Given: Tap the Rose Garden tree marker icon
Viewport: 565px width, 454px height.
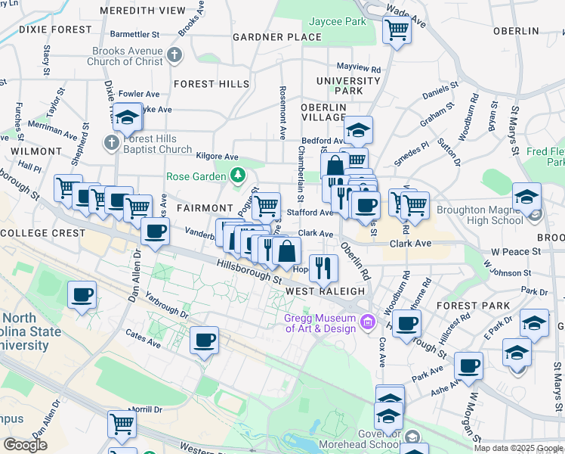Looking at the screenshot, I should tap(237, 176).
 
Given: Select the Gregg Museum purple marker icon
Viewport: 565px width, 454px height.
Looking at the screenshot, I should tap(368, 322).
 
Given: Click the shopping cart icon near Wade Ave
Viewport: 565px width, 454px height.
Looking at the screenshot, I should tap(396, 30).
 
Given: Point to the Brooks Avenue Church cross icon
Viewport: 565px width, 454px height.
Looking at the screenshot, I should tap(174, 55).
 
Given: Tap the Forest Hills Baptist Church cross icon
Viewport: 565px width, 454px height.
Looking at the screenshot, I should tap(111, 143).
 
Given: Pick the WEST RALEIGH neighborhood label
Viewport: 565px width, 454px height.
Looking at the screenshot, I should tap(326, 291).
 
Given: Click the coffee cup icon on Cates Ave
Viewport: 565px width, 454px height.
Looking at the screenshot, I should tap(203, 340).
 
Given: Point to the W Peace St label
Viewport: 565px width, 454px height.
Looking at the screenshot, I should tap(517, 250).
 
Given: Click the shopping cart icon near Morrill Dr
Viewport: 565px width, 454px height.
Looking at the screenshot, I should tap(122, 424).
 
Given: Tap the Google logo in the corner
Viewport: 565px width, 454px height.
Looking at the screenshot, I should tap(25, 445).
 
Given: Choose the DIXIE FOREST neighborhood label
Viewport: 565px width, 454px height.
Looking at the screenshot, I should tap(45, 30).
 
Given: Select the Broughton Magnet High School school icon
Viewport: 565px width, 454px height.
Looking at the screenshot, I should tap(526, 196).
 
